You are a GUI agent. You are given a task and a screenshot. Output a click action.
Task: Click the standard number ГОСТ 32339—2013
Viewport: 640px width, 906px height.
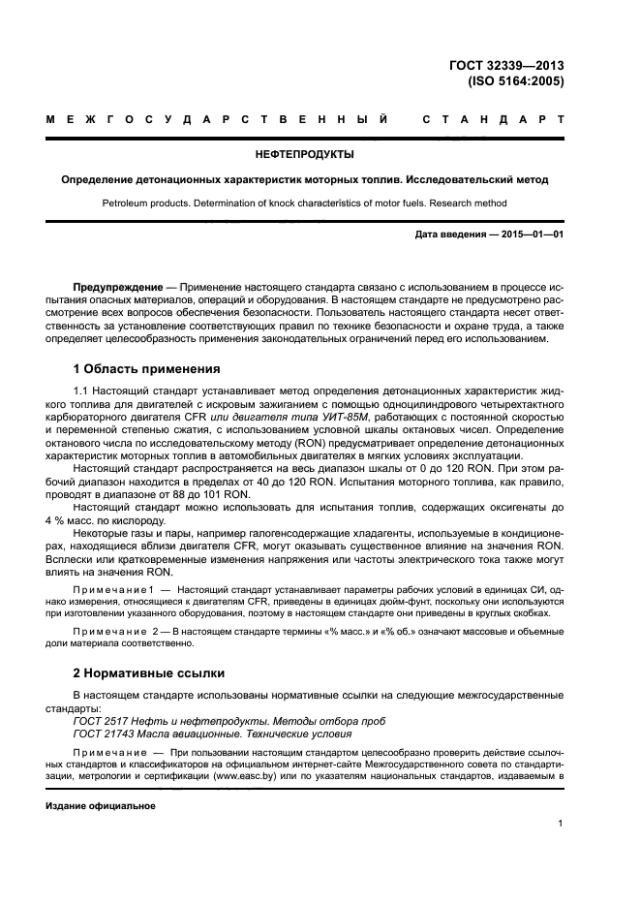point(519,66)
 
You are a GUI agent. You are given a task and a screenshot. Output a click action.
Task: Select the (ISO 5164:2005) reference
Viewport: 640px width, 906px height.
point(519,81)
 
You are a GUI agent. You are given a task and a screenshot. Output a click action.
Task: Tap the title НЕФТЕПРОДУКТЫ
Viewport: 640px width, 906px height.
point(304,154)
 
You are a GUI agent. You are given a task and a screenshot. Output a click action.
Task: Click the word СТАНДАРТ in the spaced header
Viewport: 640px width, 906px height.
point(493,121)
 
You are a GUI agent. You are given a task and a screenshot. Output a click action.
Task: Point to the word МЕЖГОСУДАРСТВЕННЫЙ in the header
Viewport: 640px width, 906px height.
point(218,121)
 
